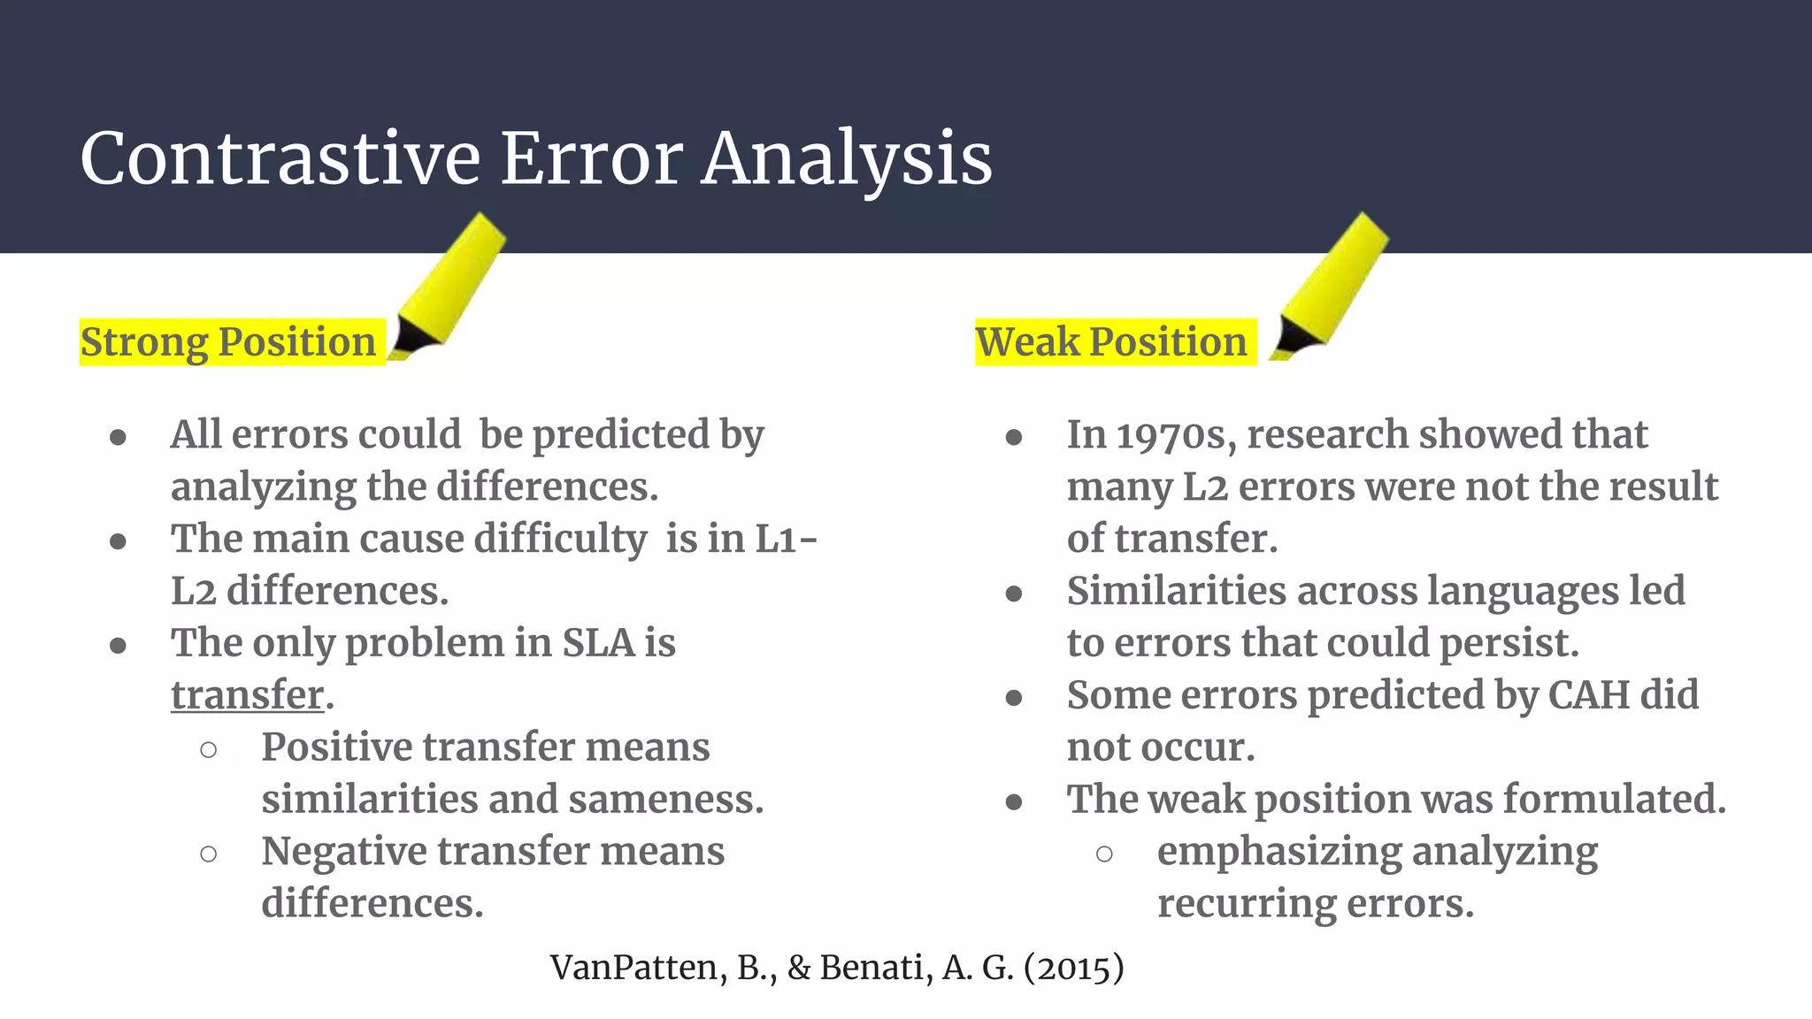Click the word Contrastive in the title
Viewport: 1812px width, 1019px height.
click(280, 158)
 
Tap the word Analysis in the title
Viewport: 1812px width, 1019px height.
click(847, 158)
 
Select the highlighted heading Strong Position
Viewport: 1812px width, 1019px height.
click(228, 341)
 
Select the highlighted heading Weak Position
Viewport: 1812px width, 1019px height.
click(1111, 341)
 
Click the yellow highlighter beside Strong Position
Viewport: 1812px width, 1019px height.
click(449, 285)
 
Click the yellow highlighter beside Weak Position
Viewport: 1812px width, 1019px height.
click(1330, 285)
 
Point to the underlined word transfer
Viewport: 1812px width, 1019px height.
click(247, 695)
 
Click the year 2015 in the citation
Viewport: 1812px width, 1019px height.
click(1073, 968)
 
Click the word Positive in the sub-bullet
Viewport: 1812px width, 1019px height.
click(334, 747)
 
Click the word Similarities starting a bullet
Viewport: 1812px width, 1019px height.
click(1176, 591)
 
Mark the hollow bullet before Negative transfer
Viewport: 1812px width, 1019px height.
click(209, 854)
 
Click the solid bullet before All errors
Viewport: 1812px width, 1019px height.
click(118, 437)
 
